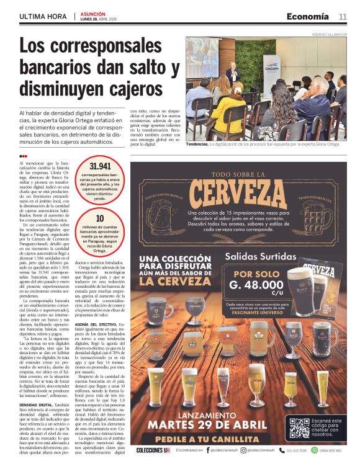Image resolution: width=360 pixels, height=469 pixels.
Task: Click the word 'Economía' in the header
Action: (307, 16)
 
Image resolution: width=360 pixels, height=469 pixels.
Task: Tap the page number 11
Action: (343, 16)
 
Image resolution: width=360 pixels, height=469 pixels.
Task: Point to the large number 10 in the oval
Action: (100, 218)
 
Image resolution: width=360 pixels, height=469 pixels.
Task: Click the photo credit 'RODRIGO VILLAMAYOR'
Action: (330, 34)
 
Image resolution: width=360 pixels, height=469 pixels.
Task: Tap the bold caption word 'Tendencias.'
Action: (197, 144)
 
